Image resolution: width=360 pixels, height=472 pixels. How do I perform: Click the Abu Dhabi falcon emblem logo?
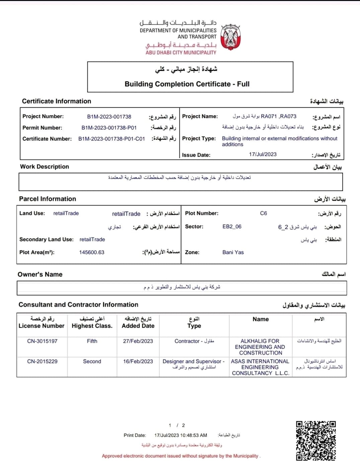[231, 37]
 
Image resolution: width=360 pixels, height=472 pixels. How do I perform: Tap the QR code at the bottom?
[316, 441]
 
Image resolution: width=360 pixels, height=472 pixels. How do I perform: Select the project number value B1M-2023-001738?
[109, 117]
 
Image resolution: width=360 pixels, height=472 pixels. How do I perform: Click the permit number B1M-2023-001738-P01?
[109, 128]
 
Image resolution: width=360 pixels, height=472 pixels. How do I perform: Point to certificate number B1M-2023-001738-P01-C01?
[111, 139]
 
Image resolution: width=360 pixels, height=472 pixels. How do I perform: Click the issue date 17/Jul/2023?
[263, 154]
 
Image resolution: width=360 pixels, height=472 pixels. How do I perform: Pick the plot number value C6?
[263, 213]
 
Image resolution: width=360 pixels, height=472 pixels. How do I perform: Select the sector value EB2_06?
[232, 227]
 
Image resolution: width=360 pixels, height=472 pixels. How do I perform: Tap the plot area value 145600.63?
[92, 252]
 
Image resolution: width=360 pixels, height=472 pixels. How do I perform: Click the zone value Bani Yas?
[233, 252]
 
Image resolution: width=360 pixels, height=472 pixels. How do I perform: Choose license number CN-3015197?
[42, 341]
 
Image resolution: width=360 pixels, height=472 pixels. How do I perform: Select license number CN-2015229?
[42, 362]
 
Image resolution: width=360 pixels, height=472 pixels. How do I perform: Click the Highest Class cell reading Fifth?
[92, 341]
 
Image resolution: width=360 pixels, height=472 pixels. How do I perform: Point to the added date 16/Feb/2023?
[138, 362]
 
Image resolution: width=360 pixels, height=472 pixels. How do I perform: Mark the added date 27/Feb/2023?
[138, 341]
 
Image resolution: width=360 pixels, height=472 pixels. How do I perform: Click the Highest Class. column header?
[92, 326]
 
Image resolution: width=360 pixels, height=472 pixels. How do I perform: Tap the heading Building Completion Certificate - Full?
[187, 84]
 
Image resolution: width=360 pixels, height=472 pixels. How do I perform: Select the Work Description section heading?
[44, 167]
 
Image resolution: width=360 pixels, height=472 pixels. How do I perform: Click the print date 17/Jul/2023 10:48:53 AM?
[181, 436]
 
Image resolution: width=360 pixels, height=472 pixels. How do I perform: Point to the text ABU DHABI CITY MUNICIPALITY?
[181, 53]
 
